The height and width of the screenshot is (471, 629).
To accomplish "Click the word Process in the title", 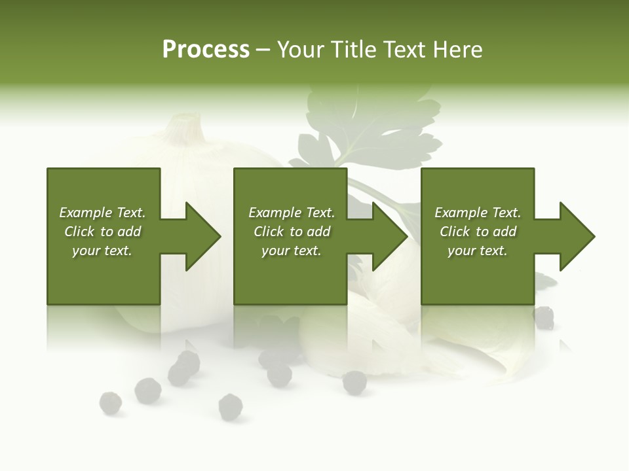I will (206, 50).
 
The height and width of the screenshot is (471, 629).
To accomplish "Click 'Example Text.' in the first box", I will (102, 213).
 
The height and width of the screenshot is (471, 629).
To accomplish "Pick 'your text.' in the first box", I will (102, 251).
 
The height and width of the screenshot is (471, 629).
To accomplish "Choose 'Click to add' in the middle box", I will (292, 232).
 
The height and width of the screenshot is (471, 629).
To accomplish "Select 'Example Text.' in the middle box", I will (292, 213).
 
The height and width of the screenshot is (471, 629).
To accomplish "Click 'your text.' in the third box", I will (478, 251).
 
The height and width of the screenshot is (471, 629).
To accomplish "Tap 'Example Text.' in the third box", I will (478, 213).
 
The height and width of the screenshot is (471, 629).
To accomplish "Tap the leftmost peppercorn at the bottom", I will (110, 402).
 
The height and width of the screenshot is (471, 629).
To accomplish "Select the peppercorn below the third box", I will (543, 318).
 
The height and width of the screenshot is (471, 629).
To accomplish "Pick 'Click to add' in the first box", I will (102, 232).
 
